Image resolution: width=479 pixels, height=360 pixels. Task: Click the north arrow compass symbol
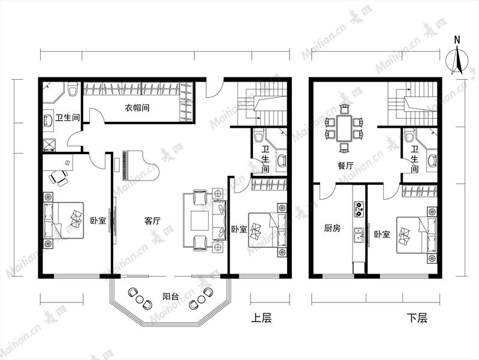pos(457,60)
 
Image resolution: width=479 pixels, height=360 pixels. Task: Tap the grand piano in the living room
pos(140,165)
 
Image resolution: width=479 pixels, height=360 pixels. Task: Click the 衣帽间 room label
pos(137,107)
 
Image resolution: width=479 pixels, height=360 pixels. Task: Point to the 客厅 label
pos(152,221)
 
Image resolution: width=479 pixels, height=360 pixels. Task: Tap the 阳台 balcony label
pos(170,296)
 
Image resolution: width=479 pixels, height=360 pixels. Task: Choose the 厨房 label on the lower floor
pos(332,228)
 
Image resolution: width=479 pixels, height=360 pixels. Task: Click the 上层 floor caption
pos(261,318)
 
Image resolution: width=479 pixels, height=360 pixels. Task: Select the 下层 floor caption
pos(417,318)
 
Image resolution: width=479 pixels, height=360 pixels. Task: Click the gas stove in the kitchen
pos(359,209)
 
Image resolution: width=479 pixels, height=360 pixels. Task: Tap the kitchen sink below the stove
pos(359,236)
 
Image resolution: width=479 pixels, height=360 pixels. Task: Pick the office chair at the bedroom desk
pos(59,178)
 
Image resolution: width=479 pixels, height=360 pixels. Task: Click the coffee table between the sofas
pos(200,221)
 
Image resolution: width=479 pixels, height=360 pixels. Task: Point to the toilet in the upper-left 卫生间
pos(73,89)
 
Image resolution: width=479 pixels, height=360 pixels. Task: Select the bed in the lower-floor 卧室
pos(417,235)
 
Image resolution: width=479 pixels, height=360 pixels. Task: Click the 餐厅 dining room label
pos(345,166)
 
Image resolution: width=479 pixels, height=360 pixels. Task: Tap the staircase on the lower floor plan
pos(412,104)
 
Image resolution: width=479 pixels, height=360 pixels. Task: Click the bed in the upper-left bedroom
pos(64,220)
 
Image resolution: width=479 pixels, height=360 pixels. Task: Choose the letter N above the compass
pos(457,40)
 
